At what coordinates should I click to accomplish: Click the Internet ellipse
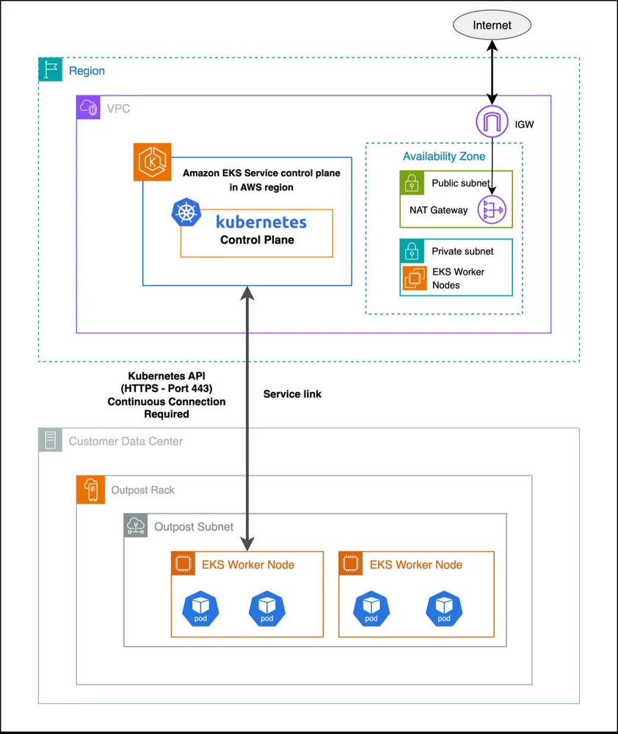492,25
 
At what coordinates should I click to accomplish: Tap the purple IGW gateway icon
492,122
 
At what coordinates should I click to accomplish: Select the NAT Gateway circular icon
492,210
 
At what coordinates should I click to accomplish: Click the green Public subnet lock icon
412,183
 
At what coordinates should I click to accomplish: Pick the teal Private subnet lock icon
412,251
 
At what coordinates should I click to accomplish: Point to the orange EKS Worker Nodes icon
415,277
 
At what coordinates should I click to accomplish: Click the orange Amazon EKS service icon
152,162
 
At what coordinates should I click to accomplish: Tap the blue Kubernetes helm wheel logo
186,213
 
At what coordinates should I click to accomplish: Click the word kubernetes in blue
261,222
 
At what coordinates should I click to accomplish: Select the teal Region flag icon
51,69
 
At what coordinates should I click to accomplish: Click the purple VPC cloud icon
89,107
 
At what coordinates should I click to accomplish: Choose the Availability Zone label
444,156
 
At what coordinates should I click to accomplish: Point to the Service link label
292,394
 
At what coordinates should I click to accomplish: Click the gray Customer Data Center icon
51,440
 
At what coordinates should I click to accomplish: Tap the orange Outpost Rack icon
91,490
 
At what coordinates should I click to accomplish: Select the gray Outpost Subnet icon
136,526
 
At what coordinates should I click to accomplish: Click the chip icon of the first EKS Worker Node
183,564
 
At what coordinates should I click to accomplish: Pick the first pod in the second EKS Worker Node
371,609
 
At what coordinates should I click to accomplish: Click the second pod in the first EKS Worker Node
267,609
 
